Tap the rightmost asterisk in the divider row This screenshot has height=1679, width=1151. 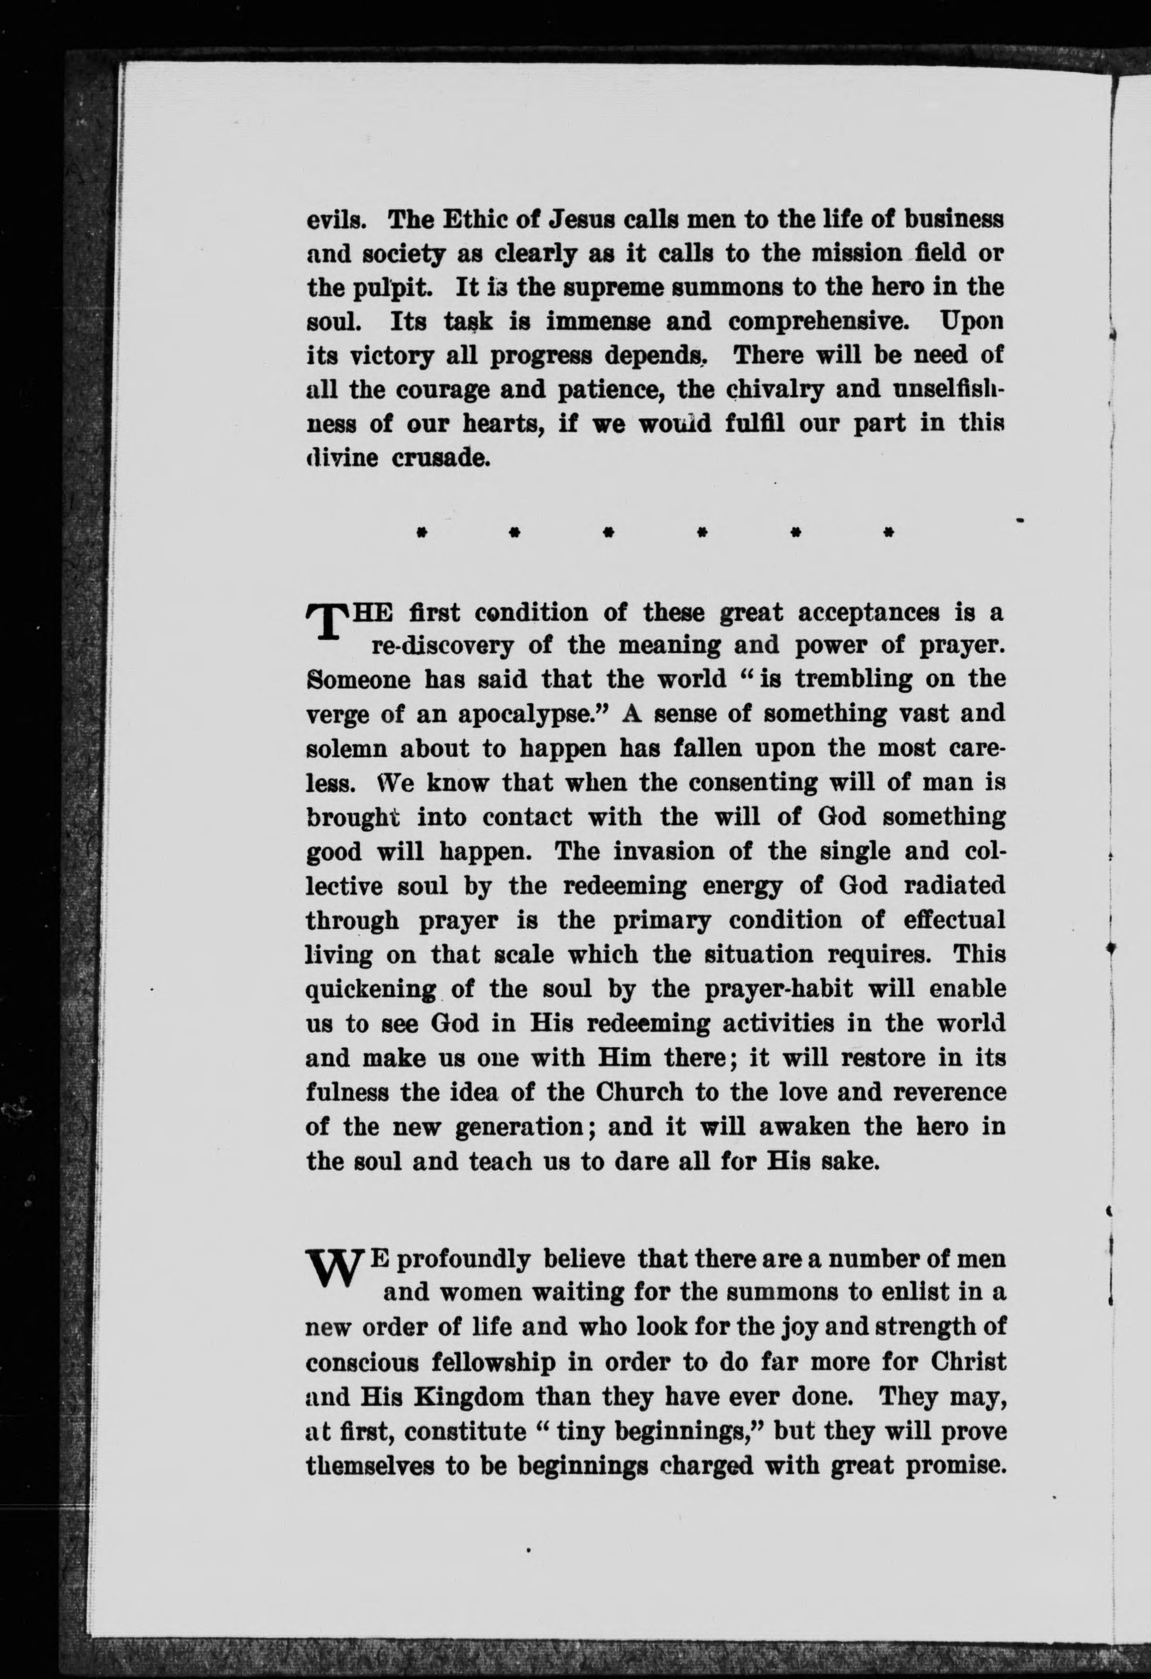pyautogui.click(x=888, y=533)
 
